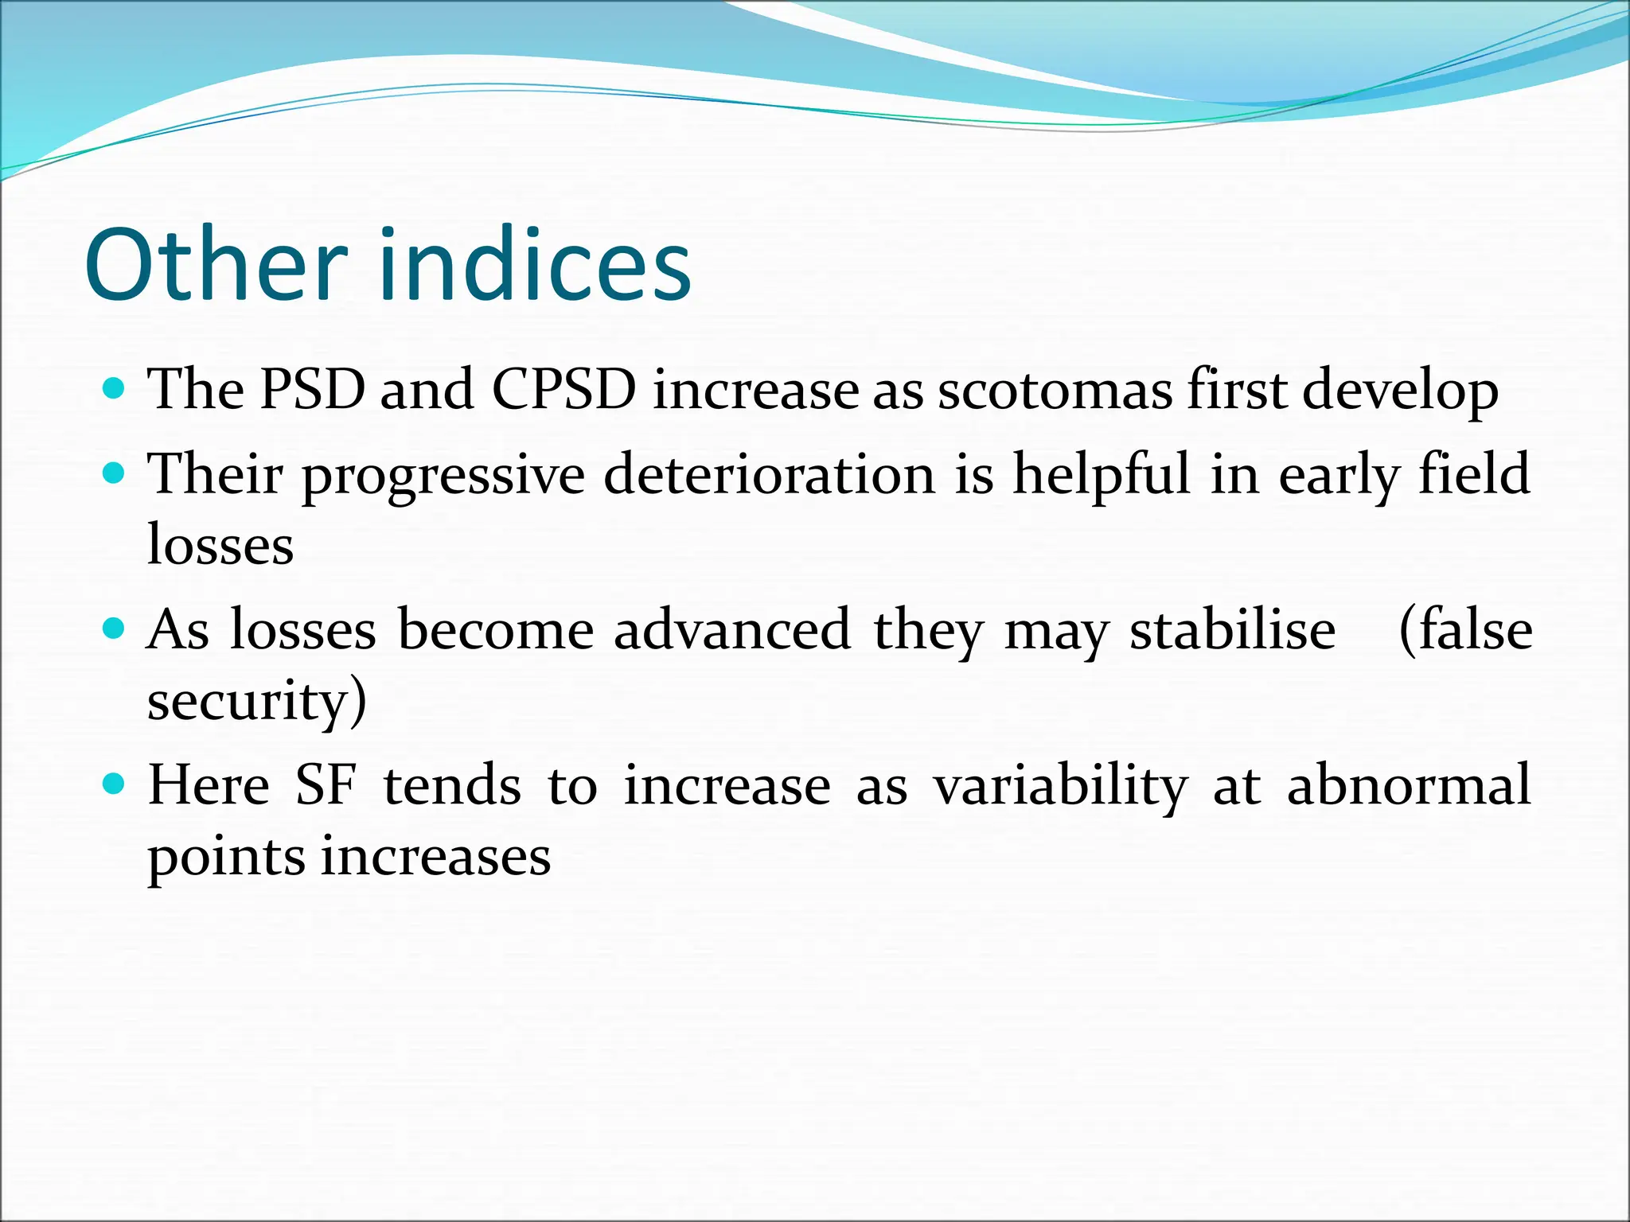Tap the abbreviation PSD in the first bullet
point(312,390)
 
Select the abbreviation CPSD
point(563,390)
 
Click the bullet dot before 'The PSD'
point(115,389)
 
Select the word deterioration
point(769,474)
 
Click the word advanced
point(732,630)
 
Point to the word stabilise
point(1233,630)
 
